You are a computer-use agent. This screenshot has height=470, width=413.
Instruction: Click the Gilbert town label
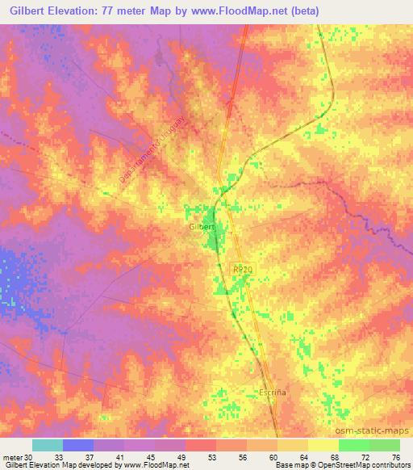tap(202, 227)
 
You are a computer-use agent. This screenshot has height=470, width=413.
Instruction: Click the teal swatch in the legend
tap(48, 445)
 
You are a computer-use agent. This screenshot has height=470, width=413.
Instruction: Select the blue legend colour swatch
tap(78, 445)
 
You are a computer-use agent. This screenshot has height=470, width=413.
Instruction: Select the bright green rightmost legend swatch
tap(385, 445)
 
